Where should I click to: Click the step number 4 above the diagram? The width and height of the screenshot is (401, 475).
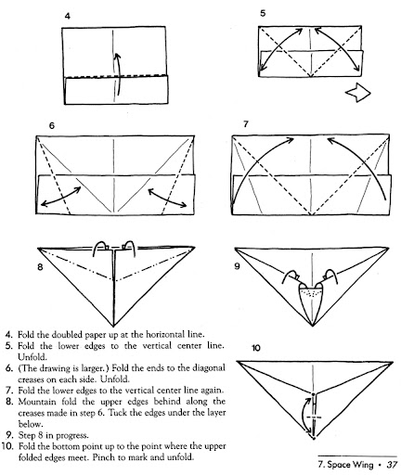[67, 16]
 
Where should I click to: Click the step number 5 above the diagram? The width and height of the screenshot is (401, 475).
[263, 13]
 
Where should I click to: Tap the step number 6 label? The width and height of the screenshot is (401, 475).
[52, 125]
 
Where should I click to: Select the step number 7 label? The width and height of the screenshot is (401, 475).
[246, 124]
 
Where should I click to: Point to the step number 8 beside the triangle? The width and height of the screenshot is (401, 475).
[40, 267]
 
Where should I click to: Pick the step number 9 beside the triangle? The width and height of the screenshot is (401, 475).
[237, 266]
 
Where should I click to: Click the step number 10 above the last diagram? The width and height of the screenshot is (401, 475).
[256, 348]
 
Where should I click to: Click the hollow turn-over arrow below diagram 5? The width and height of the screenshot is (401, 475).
[357, 92]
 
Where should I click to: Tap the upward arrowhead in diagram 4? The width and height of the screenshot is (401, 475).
[117, 57]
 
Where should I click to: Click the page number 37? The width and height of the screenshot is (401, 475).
[392, 465]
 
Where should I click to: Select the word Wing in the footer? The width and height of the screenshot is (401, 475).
[362, 465]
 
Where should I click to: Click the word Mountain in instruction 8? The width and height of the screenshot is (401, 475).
[37, 402]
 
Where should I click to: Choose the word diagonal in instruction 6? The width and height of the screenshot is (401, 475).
[209, 368]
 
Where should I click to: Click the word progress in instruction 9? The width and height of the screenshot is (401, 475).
[71, 436]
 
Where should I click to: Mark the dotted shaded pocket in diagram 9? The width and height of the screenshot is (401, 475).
[312, 292]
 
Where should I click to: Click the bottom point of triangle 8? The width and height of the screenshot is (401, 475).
[113, 326]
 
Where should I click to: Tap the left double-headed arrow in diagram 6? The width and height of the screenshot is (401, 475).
[60, 197]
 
